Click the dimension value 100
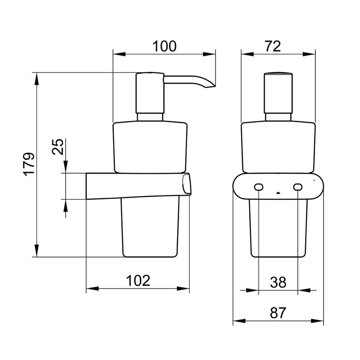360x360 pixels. point(164,46)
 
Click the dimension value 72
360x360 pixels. point(273,46)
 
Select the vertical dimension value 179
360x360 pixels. point(29,164)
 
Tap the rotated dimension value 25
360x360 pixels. point(58,147)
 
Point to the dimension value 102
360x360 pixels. point(138,280)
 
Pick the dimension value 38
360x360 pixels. point(278,282)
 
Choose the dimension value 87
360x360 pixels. point(278,313)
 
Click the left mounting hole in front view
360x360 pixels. point(259,187)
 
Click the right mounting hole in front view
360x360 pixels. point(298,187)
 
